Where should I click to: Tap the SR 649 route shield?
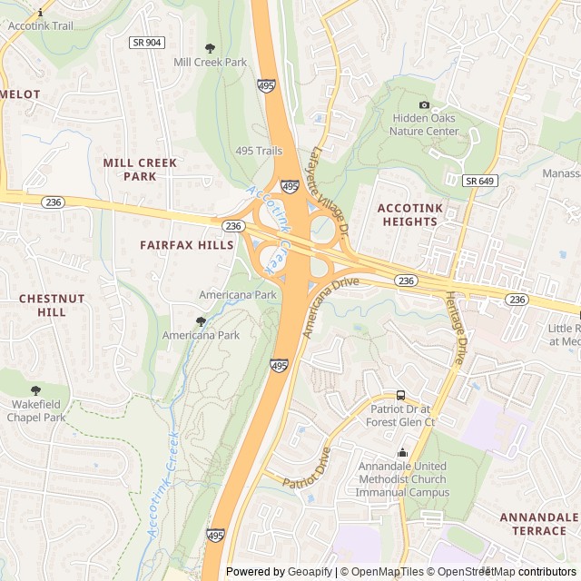click(479, 181)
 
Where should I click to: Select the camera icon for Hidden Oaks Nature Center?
click(424, 104)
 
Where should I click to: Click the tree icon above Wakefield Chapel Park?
click(36, 390)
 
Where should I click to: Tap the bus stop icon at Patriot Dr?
click(400, 395)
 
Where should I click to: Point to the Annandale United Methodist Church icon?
click(402, 453)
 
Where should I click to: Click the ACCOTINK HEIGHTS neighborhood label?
click(409, 214)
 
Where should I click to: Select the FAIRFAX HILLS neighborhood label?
click(187, 245)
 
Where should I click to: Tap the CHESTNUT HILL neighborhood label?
click(52, 305)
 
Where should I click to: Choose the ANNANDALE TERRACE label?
click(538, 523)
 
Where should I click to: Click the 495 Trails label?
click(259, 151)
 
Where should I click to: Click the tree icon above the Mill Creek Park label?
click(211, 48)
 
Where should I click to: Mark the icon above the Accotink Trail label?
click(40, 13)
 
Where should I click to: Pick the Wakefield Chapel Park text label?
click(36, 410)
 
